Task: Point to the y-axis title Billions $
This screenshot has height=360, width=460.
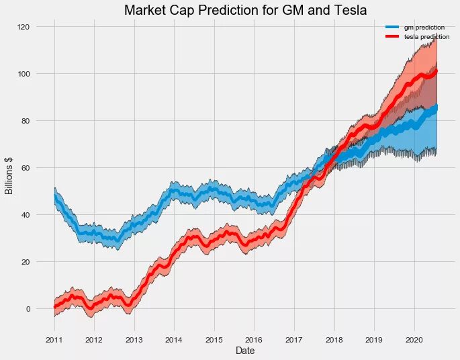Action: (9, 178)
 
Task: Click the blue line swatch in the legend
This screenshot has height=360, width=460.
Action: (391, 27)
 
